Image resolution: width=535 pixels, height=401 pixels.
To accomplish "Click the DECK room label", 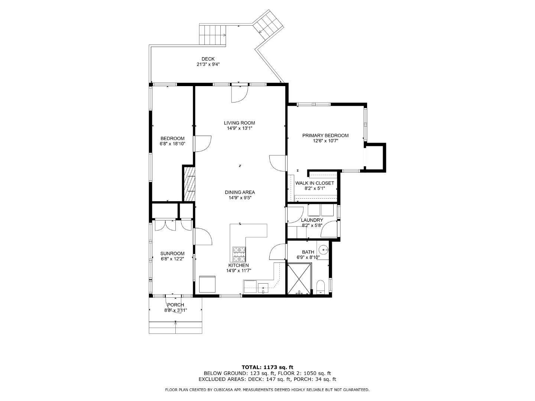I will click(208, 59).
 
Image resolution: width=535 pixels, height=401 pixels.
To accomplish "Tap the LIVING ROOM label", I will click(239, 123).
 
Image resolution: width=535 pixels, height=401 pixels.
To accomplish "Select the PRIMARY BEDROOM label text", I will click(325, 136).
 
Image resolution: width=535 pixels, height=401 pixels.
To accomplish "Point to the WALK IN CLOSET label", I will click(314, 183).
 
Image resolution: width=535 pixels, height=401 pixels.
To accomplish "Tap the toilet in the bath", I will click(320, 287).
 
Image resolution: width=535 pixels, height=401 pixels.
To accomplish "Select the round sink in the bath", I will click(323, 250).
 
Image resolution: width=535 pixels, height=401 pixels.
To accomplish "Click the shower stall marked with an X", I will click(299, 278).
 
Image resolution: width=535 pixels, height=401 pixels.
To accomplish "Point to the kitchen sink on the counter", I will click(263, 287).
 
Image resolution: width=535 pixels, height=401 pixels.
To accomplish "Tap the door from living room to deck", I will click(239, 94).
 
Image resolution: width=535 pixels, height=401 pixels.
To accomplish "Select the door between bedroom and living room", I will click(202, 143).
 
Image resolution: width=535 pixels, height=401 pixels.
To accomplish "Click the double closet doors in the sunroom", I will click(165, 225).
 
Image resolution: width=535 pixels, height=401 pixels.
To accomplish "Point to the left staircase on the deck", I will click(213, 34).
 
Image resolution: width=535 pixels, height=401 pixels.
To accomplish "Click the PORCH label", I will click(175, 305).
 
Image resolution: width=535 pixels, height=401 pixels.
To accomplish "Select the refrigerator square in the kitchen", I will click(207, 284).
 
